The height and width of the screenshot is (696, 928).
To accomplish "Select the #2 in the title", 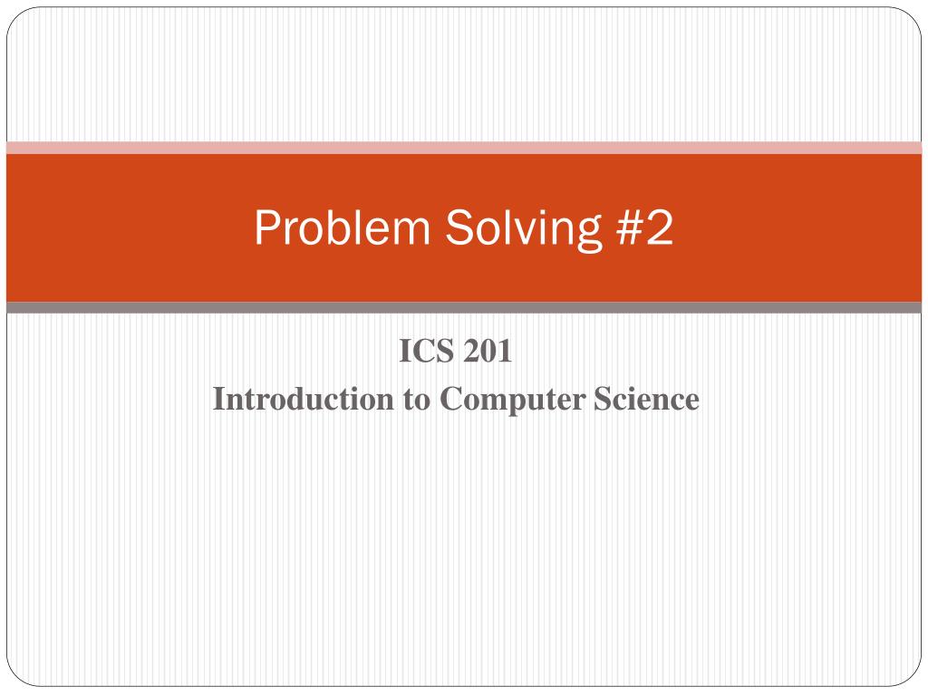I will tap(638, 228).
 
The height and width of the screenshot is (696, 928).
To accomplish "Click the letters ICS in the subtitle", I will tap(427, 352).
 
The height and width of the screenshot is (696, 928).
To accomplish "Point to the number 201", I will tap(488, 352).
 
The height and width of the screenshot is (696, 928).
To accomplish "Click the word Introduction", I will tap(302, 399).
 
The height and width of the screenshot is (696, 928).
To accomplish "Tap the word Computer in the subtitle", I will tap(513, 400).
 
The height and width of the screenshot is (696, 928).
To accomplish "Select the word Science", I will tap(646, 399).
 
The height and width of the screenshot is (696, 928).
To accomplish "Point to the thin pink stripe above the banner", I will tap(464, 148).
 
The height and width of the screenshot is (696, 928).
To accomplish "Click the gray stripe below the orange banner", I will tap(464, 308).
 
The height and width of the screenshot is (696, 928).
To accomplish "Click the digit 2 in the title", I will tap(658, 228).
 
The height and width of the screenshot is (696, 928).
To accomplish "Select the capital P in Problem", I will tap(265, 228).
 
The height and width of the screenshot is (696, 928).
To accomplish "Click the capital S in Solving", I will tap(455, 228).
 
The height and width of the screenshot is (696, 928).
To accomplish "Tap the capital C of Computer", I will tap(450, 399).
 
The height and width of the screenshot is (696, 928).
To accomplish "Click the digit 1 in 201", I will tap(506, 352).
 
